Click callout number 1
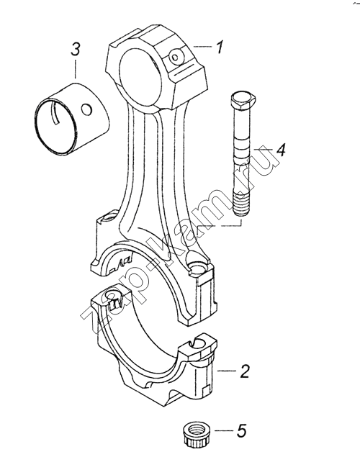pos(219,47)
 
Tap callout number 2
pos(244,371)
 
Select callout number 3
pos(76,49)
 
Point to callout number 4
pos(281,150)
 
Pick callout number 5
pos(241,430)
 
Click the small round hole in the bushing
pos(86,109)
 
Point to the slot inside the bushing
pos(57,114)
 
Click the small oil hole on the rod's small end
pos(175,56)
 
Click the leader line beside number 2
pos(228,371)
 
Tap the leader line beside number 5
pos(224,430)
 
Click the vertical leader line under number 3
pos(76,69)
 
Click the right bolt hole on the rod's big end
pos(197,267)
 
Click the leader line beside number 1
pos(203,47)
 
